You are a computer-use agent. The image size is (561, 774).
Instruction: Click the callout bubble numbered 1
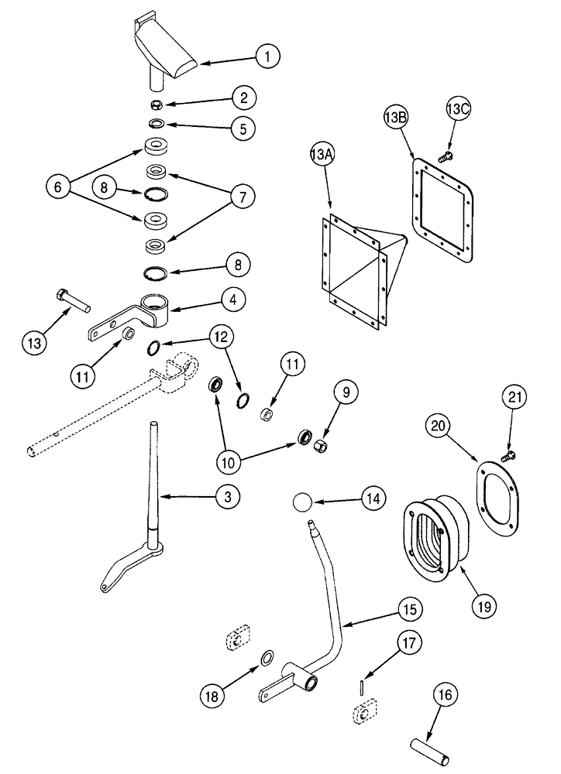[267, 56]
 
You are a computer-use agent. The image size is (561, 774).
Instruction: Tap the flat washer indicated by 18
[265, 658]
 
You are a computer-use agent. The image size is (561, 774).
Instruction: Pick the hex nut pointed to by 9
[319, 445]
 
